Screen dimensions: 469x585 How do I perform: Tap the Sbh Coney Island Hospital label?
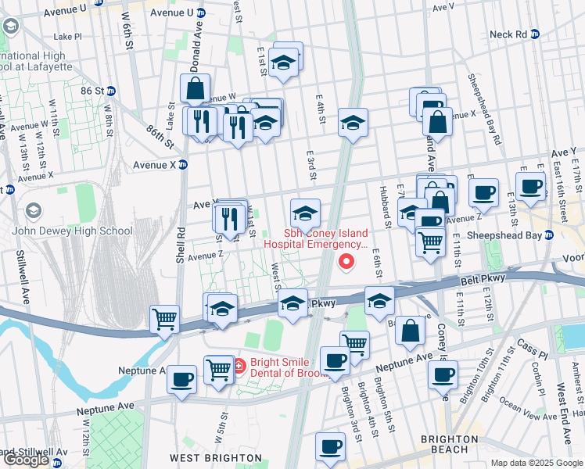[x=314, y=238]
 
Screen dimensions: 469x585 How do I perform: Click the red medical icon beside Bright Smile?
[x=240, y=363]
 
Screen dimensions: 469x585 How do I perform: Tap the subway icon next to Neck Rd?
[x=536, y=34]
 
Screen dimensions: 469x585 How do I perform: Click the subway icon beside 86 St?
[x=111, y=91]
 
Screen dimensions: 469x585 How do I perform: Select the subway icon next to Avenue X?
[x=183, y=164]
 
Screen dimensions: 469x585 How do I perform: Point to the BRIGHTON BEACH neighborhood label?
[x=455, y=445]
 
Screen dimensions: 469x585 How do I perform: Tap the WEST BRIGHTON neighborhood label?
[x=216, y=457]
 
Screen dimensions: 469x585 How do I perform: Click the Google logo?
[x=27, y=460]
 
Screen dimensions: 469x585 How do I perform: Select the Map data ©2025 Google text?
[x=536, y=463]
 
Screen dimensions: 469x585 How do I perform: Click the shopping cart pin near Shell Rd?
[x=165, y=317]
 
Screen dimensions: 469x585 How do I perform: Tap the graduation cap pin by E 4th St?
[x=353, y=122]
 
